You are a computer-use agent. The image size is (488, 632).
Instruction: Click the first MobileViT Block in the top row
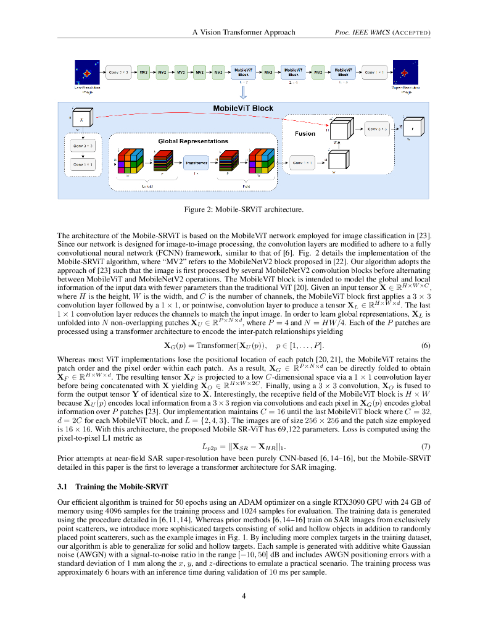point(243,72)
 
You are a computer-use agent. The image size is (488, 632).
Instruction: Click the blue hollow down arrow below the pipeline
point(243,91)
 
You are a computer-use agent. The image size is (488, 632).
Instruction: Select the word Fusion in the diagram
point(305,133)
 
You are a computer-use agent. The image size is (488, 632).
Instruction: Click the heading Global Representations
point(193,141)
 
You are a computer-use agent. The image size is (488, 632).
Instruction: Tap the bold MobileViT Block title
point(242,109)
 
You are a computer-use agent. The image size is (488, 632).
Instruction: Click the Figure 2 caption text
point(244,210)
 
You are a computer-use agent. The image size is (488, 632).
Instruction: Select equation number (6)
point(425,345)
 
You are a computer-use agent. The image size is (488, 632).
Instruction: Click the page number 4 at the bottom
point(244,596)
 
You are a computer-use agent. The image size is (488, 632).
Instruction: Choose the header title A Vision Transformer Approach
point(244,32)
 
